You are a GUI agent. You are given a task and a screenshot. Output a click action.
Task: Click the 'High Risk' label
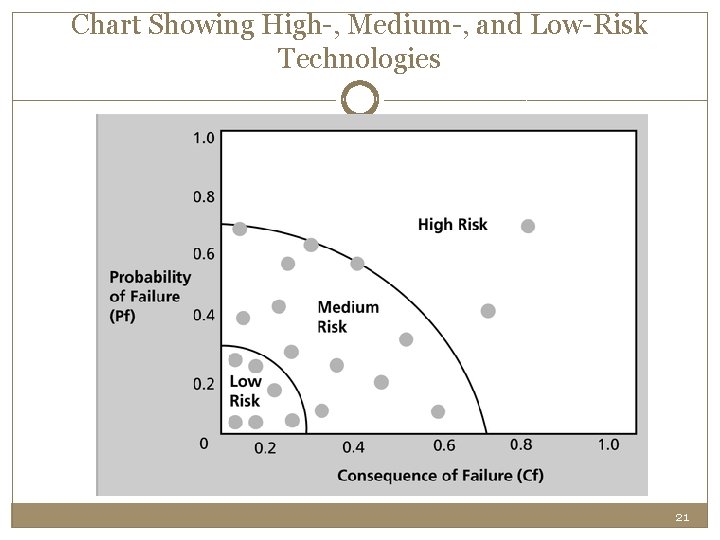452,225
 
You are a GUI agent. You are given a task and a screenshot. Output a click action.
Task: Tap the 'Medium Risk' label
347,317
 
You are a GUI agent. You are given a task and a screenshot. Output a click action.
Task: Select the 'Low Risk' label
245,391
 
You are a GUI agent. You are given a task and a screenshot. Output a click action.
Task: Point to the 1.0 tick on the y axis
203,137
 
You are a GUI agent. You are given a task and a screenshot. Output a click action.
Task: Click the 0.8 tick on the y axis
203,197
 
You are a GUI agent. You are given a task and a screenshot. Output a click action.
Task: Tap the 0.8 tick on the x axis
521,445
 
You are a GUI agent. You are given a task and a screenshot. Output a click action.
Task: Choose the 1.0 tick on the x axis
608,445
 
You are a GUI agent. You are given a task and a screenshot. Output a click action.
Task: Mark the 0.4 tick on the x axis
353,447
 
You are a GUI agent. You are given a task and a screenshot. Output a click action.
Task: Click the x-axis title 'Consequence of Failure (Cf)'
440,475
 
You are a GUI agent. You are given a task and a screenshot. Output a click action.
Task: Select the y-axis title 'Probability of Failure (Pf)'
149,296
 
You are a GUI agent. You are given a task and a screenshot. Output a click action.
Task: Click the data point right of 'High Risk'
528,226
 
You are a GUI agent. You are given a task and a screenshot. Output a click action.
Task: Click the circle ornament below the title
360,100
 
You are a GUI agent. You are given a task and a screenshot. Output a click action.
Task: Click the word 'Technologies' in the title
360,60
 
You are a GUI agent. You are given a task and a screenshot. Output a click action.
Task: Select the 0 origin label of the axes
203,443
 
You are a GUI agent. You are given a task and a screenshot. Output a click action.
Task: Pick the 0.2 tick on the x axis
265,448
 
